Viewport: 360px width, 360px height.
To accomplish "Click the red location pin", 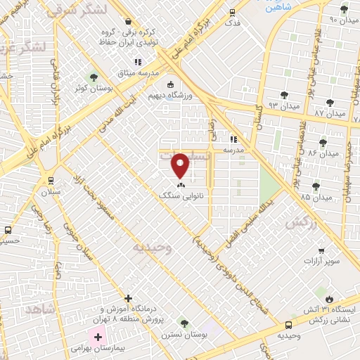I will pyautogui.click(x=181, y=166).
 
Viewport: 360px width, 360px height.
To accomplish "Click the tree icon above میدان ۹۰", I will pyautogui.click(x=344, y=10).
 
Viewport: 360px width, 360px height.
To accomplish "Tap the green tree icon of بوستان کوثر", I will pyautogui.click(x=91, y=77).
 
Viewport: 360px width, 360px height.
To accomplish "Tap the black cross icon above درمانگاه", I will pyautogui.click(x=127, y=298).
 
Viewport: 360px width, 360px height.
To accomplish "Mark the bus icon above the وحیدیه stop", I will pyautogui.click(x=289, y=325).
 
